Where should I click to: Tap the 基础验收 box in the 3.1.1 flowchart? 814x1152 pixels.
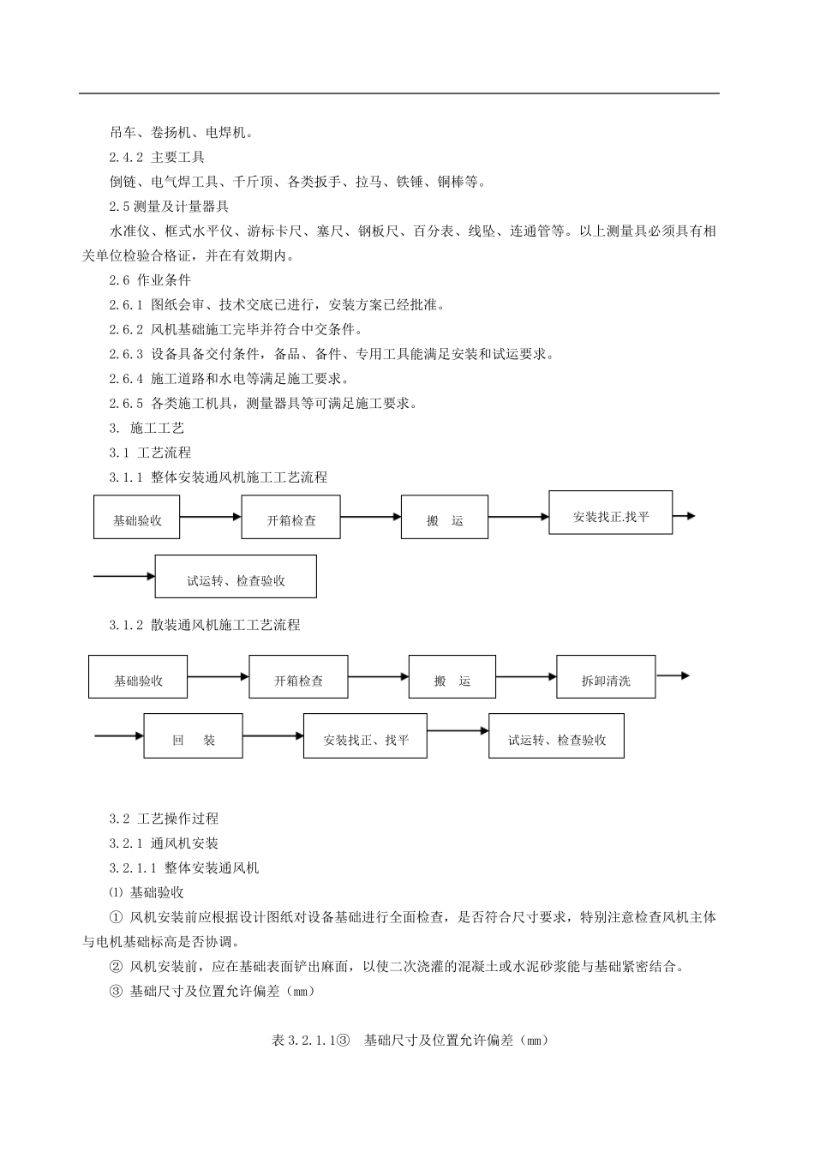(x=136, y=517)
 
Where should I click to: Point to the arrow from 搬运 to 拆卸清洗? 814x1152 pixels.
(x=526, y=677)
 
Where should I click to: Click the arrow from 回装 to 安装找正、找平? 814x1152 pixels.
(x=273, y=735)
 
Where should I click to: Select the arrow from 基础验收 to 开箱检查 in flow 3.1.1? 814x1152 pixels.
(x=210, y=516)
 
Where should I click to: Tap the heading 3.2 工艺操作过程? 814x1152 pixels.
(x=164, y=819)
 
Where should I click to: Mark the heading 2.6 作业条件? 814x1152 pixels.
(x=150, y=280)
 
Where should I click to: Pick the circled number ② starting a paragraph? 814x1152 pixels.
(x=117, y=967)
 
